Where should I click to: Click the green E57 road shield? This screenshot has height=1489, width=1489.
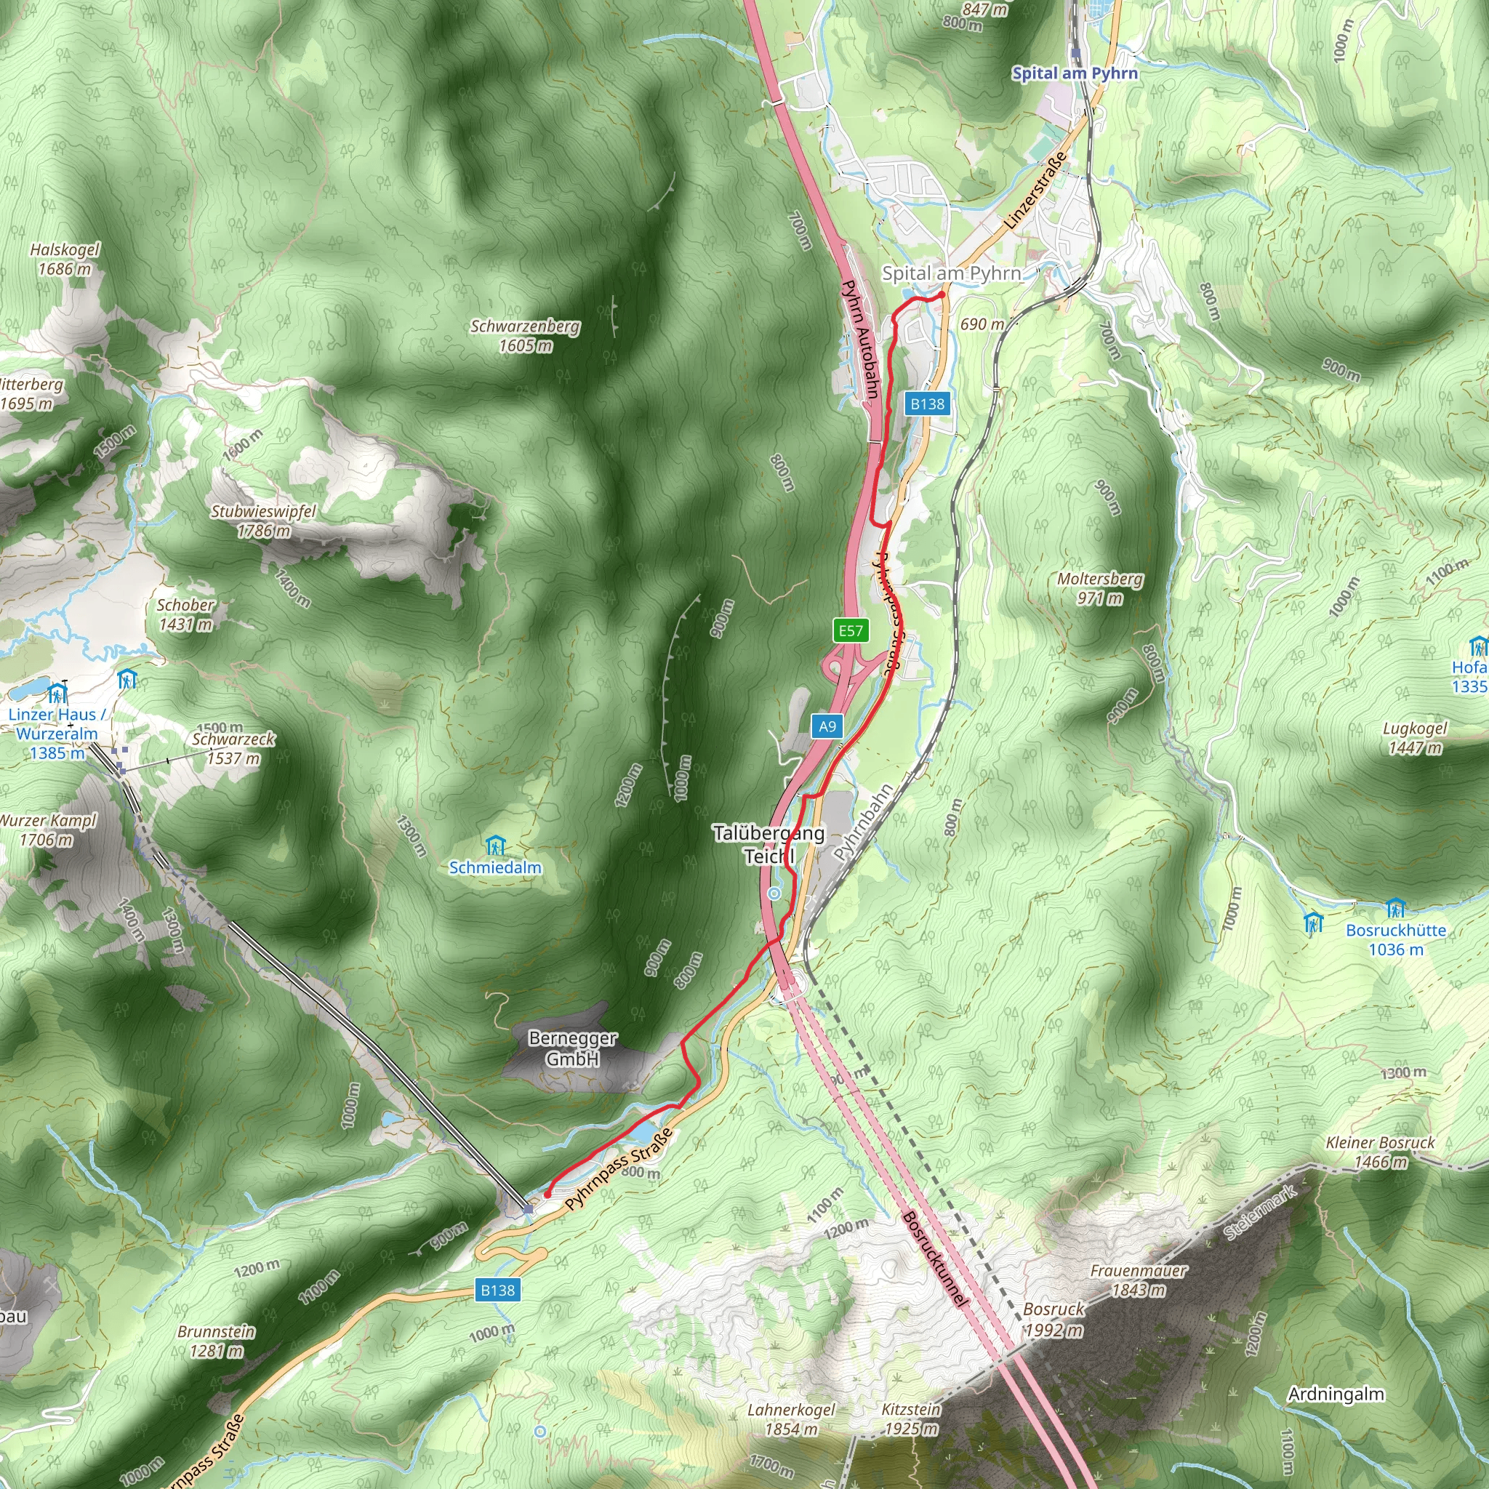pos(851,630)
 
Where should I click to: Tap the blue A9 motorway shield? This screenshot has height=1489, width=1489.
pos(827,726)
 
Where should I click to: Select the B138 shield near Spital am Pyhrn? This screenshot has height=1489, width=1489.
pos(927,404)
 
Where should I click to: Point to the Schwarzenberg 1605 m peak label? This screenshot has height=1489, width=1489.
pos(525,336)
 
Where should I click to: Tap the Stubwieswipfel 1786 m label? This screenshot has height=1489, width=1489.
pos(264,521)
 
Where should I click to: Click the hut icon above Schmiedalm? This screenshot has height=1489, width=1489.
pos(496,846)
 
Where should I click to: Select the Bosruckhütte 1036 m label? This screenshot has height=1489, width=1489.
pos(1396,939)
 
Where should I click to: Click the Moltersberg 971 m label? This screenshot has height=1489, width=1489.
pos(1100,588)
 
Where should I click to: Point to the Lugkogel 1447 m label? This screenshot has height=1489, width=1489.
pos(1415,737)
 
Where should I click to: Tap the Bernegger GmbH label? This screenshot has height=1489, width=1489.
pos(573,1048)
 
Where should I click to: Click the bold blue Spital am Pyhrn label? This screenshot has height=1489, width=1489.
pos(1075,73)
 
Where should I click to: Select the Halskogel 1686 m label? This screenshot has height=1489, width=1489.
pos(65,259)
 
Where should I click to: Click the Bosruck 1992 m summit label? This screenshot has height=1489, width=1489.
pos(1053,1320)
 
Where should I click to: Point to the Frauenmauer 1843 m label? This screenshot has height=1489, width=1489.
pos(1139,1280)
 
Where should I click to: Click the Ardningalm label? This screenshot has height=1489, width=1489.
pos(1336,1394)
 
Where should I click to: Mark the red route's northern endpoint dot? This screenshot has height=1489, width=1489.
pos(941,294)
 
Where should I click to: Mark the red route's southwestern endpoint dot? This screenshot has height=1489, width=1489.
pos(547,1195)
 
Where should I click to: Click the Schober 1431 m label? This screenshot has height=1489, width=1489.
pos(185,614)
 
